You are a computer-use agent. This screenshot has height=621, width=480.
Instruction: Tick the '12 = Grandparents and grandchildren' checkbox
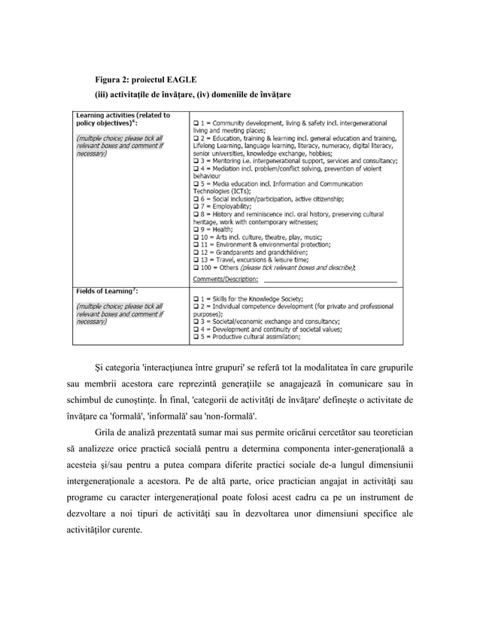pos(196,253)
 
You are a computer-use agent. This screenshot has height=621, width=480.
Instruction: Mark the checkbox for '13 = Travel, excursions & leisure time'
pos(196,261)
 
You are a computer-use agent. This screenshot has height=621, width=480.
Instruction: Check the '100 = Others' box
pos(196,268)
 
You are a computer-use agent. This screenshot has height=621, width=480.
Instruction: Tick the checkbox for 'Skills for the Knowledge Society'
pos(196,301)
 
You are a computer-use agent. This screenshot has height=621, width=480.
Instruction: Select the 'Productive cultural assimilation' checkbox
pos(196,338)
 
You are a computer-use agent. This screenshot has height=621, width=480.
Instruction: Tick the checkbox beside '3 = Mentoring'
pos(196,161)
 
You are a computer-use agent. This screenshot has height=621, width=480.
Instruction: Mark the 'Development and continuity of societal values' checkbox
pos(196,330)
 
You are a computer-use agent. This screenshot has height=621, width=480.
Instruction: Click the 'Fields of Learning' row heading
pos(99,290)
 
